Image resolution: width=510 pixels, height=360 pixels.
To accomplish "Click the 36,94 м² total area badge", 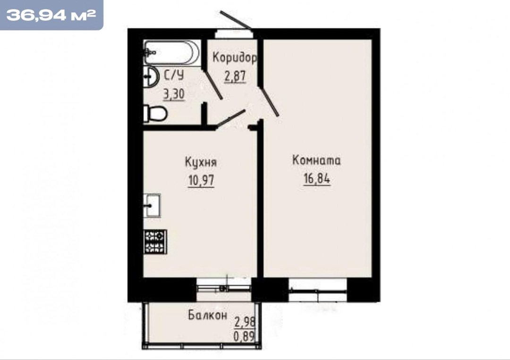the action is tap(51, 15).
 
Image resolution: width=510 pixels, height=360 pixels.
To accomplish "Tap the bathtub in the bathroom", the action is tap(171, 52).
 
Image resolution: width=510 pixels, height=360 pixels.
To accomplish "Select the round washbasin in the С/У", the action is tap(150, 76).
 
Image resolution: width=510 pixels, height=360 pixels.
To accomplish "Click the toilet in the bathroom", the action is tap(155, 113).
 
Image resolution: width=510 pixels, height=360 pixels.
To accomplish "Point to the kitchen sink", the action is tap(152, 205).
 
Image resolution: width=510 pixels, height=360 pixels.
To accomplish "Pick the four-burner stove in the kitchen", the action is tap(155, 242).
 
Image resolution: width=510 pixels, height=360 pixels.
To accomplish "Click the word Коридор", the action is tap(234, 58).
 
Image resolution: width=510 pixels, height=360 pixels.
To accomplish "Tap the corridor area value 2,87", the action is tap(235, 76).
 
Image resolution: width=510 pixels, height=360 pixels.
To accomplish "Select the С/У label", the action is tap(174, 75).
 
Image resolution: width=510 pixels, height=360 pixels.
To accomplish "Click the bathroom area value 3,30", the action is tap(174, 94).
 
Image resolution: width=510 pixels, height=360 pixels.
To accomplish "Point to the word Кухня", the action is tap(201, 162).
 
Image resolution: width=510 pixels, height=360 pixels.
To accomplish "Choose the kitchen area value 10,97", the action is tap(201, 180).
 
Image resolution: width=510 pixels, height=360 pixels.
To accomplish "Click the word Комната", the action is tap(316, 160).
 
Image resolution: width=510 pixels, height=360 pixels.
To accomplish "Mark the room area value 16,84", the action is tap(317, 178).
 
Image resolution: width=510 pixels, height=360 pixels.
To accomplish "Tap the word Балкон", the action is tap(207, 315).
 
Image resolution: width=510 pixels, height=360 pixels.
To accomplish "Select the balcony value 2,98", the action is tap(245, 322).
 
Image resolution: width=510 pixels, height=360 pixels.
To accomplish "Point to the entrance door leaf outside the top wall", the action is tap(236, 20).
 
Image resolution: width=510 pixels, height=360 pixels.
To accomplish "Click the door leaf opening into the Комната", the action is tap(269, 100).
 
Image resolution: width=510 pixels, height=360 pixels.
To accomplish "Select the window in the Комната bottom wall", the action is tap(318, 290).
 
